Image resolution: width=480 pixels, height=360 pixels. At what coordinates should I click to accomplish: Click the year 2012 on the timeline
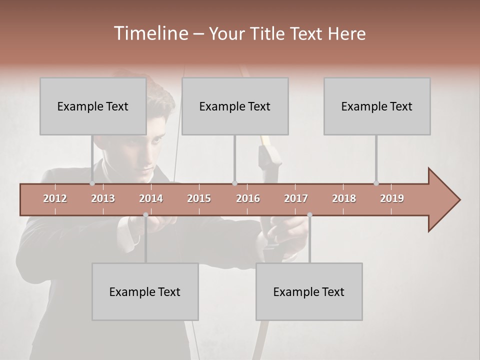point(55,198)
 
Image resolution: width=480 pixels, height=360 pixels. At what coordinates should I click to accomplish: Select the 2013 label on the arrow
point(103,198)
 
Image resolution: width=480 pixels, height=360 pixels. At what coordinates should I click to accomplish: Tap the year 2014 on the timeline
point(151,198)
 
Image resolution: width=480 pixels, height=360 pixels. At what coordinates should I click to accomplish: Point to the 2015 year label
point(199,198)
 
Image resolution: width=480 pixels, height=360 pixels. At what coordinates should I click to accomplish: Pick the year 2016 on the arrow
point(248,198)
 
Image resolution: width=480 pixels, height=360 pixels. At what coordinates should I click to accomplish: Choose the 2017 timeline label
point(296,198)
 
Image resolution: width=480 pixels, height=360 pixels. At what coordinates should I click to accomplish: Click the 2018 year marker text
point(344,198)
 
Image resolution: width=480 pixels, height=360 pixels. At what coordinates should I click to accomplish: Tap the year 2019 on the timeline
point(392,198)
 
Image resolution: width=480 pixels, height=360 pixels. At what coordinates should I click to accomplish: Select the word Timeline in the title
point(150,33)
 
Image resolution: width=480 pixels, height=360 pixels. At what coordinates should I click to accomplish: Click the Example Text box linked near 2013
point(93,106)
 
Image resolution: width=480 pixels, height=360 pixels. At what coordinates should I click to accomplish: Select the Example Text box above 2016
point(235,106)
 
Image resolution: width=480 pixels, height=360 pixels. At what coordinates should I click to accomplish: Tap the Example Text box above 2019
point(377,106)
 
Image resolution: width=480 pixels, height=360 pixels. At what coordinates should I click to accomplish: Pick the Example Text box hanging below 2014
point(145,291)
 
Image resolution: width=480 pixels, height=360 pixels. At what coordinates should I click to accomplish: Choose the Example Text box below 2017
point(309,291)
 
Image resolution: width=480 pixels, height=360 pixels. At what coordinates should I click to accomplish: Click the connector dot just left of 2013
point(92,183)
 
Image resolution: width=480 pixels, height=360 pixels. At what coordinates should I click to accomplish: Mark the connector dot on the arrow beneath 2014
point(145,215)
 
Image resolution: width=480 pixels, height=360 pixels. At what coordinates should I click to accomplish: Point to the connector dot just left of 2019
point(376,183)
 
